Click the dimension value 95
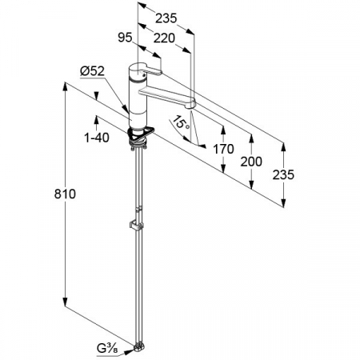(x=125, y=38)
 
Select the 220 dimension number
(x=164, y=38)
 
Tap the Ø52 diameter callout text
(x=92, y=71)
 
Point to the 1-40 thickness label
(x=97, y=138)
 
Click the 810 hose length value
(x=65, y=194)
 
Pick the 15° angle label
(x=182, y=123)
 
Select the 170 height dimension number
(x=223, y=149)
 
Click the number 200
(x=251, y=162)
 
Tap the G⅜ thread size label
(x=107, y=349)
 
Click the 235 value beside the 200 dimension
(x=283, y=175)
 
